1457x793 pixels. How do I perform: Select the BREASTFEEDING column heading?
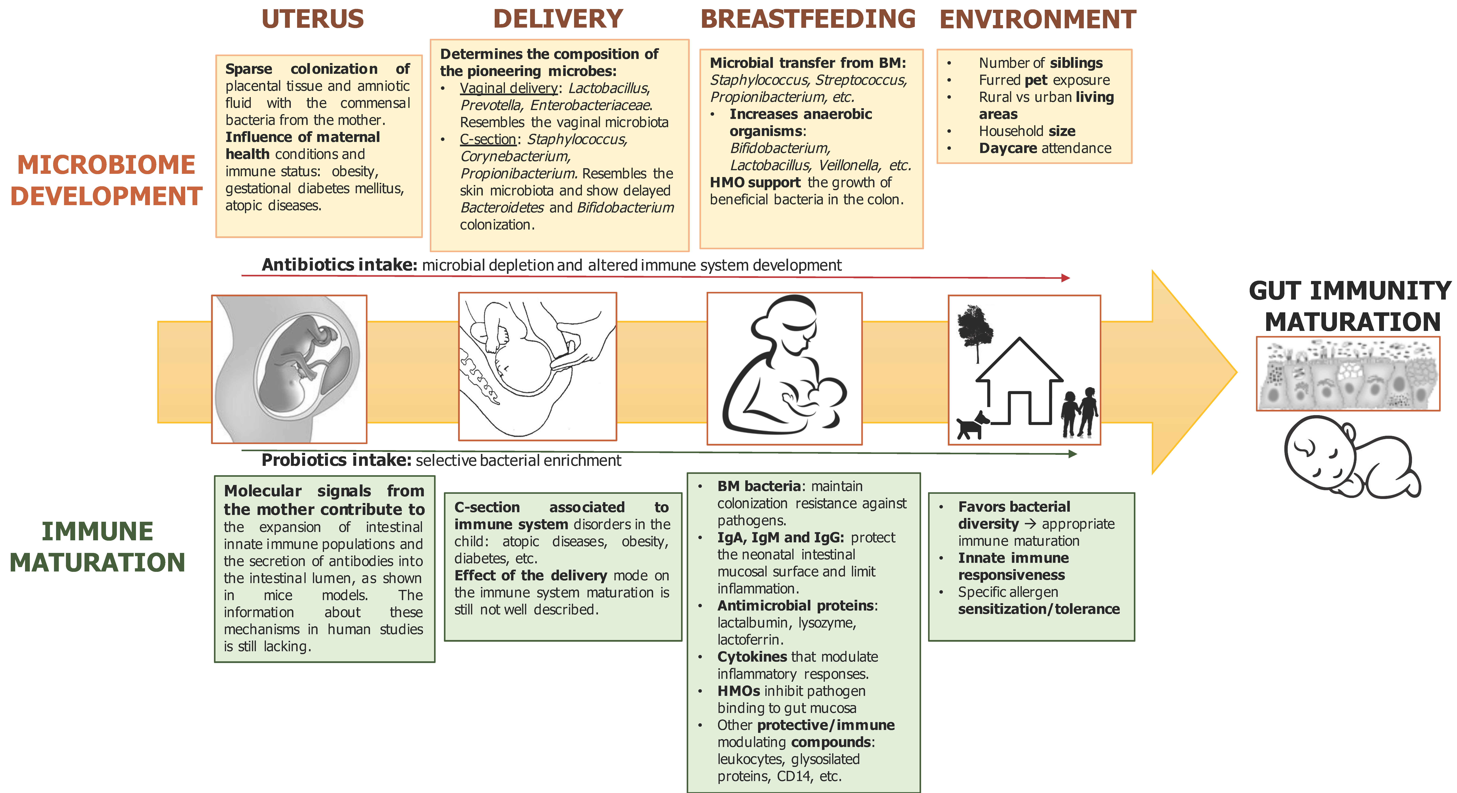click(808, 19)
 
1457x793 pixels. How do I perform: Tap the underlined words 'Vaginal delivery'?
click(508, 88)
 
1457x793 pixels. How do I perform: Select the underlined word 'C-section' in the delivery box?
click(488, 139)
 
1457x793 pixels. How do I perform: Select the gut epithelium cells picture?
click(1347, 373)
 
